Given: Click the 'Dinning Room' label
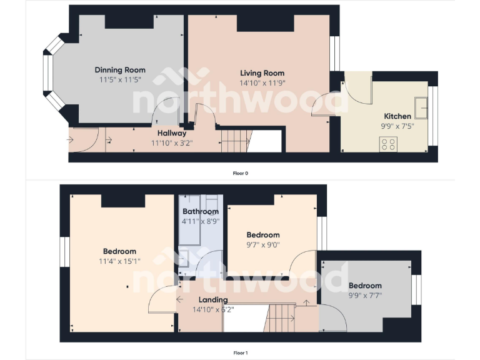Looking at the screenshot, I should (120, 70).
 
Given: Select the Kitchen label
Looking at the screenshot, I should (397, 116).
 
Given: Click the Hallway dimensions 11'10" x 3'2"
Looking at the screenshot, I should (172, 142).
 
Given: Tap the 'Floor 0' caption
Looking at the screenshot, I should (240, 173).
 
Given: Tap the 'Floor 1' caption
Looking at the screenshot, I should (240, 353).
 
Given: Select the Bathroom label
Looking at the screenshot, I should (201, 212).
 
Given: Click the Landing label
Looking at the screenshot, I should (212, 300).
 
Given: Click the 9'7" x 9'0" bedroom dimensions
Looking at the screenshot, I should (262, 244).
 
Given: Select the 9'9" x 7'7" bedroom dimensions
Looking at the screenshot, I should (365, 295).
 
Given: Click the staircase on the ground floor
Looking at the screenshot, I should (234, 139).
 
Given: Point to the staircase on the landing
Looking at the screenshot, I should (282, 317).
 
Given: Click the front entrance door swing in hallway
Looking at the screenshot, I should (85, 139).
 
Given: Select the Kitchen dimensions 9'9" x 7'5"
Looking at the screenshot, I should (397, 126).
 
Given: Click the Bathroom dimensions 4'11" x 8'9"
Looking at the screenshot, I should (201, 221).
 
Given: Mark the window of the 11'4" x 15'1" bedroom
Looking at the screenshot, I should (64, 252).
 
